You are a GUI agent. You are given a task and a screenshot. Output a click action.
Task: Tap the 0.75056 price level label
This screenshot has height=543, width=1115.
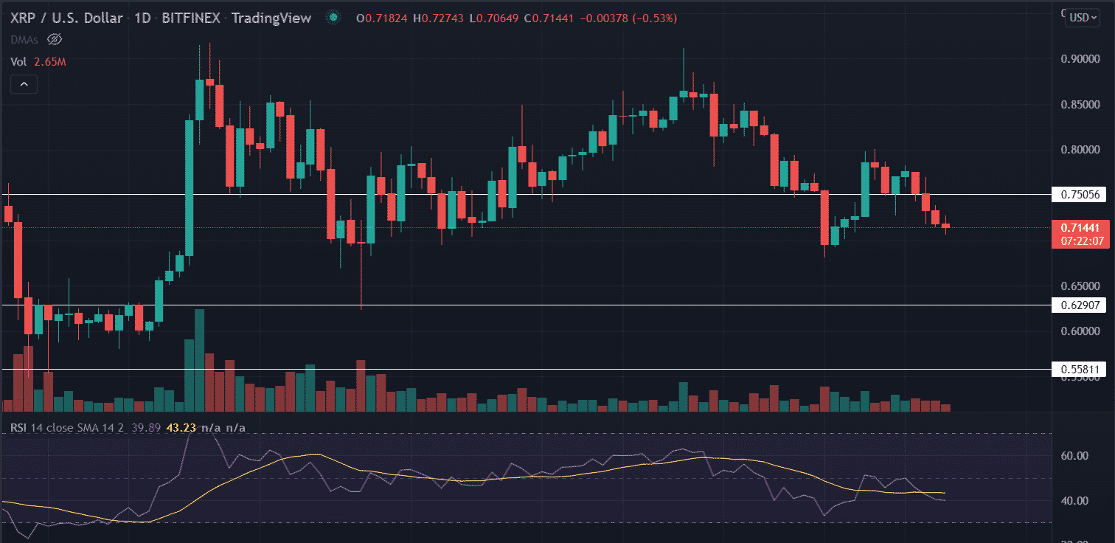(1080, 195)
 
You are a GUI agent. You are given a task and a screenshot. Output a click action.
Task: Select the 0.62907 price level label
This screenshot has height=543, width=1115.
(1080, 305)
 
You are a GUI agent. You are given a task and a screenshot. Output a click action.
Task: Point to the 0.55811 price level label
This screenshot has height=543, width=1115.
(1080, 369)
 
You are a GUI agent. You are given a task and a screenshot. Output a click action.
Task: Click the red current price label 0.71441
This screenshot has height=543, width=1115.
(1082, 228)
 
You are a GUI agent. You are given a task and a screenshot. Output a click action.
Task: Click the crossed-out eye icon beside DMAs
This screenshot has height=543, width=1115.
(53, 39)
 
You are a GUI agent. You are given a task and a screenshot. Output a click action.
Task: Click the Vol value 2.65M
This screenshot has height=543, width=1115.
(50, 63)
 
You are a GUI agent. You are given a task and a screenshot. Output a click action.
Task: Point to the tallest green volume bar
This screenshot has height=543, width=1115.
(198, 360)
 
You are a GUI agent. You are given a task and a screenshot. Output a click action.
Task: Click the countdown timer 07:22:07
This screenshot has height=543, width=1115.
(1082, 241)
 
